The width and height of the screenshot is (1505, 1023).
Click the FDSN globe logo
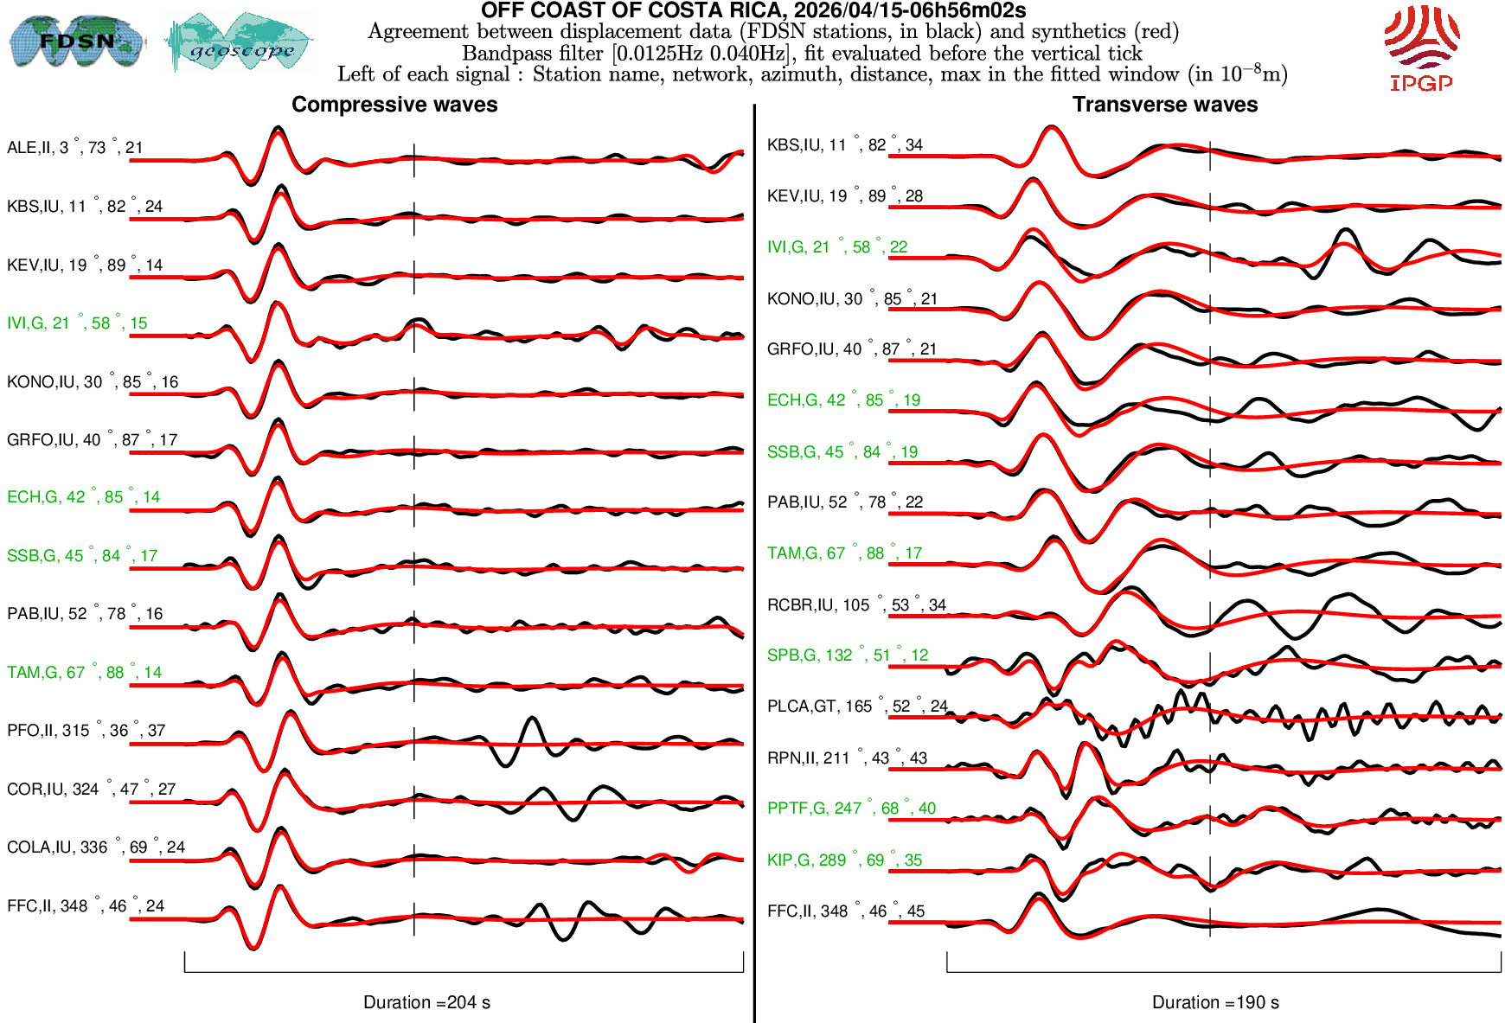76,41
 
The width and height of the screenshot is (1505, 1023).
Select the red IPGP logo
1421,48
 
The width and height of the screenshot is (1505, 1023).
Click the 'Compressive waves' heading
394,105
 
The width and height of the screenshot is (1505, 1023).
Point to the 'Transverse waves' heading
1165,105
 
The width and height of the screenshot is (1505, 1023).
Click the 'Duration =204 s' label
426,1002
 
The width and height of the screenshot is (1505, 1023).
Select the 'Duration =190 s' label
1215,1002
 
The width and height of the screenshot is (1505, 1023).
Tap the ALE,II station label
74,148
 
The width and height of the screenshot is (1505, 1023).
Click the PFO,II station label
86,731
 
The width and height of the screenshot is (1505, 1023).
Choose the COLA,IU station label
95,847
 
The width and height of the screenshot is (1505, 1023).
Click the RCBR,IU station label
856,605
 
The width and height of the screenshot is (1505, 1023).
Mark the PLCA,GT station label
857,707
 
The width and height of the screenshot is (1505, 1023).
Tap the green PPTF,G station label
851,809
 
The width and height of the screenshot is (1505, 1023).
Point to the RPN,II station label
847,758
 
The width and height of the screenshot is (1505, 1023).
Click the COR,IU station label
91,790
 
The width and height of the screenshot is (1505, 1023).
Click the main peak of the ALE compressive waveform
278,130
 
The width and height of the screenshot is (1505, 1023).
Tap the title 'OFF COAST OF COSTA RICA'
752,11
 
